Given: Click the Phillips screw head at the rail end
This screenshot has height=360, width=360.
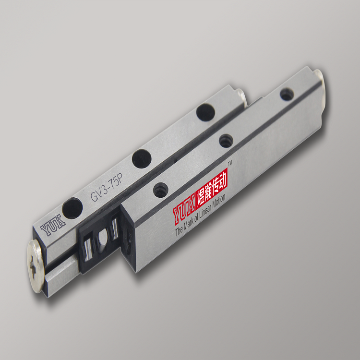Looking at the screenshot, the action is point(36,266).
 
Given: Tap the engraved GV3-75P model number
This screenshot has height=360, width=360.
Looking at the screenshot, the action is point(107,187).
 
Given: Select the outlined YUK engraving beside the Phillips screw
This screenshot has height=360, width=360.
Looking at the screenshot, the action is point(53,225).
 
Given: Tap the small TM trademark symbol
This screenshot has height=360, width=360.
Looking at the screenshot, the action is point(230,163).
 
